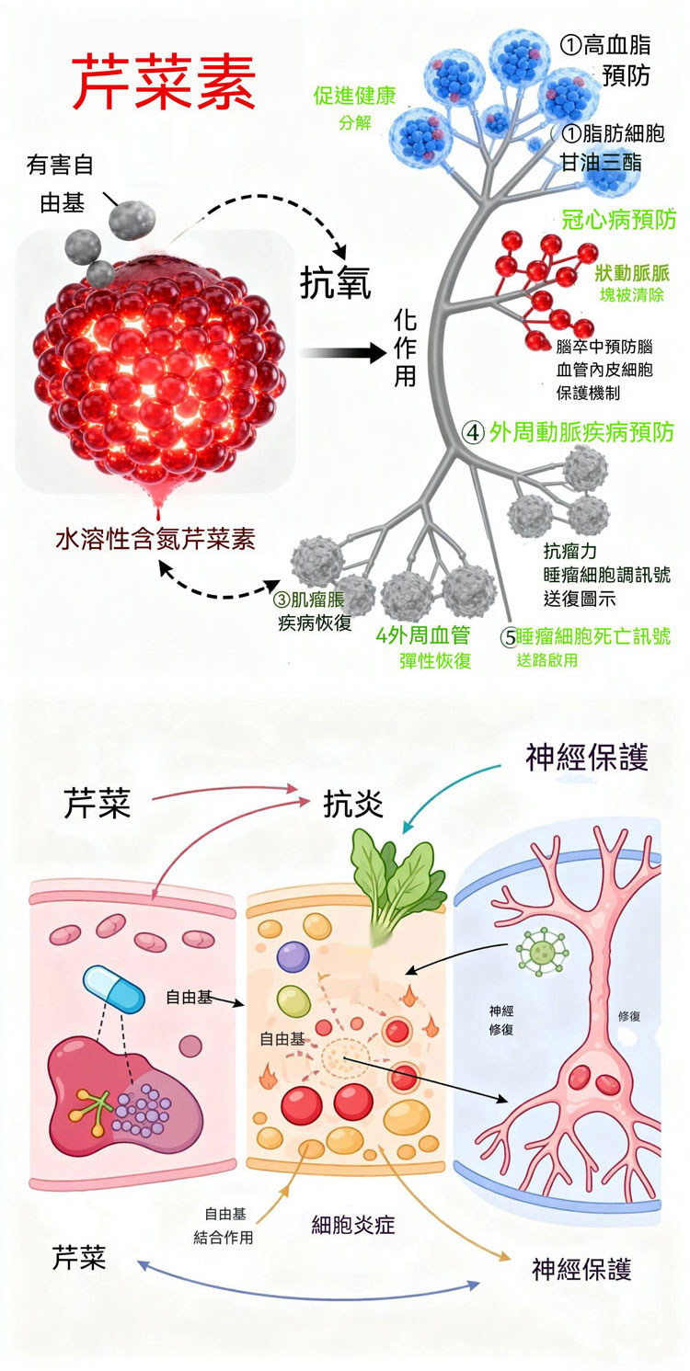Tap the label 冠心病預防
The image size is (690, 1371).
tap(619, 219)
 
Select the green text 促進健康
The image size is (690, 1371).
tap(354, 96)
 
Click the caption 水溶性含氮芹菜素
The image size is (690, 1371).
tap(155, 539)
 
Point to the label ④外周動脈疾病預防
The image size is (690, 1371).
tap(568, 432)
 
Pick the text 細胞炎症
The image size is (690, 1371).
tap(353, 1225)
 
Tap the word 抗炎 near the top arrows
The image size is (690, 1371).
tap(353, 804)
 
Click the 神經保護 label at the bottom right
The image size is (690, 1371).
tap(581, 1269)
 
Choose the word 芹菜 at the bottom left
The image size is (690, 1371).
tap(80, 1257)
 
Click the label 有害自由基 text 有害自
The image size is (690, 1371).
tap(60, 165)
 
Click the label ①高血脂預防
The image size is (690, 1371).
tap(604, 60)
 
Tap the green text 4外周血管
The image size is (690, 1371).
tap(422, 636)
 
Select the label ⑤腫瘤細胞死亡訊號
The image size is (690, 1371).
tap(585, 636)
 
